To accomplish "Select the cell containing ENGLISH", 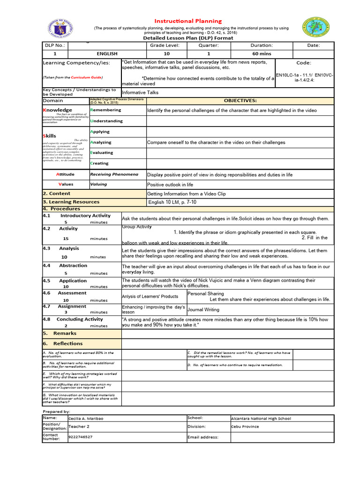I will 107,54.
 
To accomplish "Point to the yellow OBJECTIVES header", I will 240,101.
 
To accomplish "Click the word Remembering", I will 105,110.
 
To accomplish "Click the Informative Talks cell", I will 140,92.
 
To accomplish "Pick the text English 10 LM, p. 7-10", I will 172,202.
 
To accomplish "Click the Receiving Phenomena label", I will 114,174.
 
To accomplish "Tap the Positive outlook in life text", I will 170,185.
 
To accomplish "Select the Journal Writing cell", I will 203,310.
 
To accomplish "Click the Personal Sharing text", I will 206,293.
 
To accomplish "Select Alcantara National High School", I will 261,419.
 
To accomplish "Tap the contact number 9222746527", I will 80,437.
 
